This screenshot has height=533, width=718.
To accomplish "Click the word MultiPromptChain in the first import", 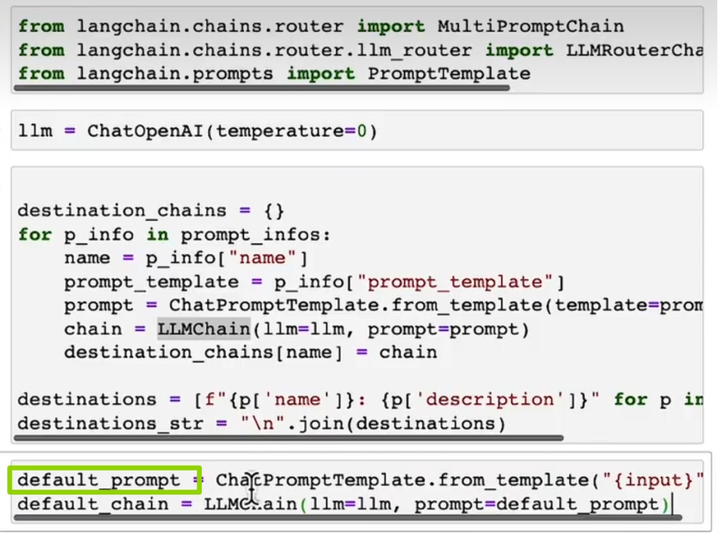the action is [530, 27].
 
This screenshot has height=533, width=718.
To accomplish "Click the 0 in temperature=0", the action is [361, 131].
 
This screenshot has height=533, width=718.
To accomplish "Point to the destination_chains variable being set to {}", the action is [122, 211].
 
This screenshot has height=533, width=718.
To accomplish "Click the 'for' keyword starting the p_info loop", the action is [34, 235].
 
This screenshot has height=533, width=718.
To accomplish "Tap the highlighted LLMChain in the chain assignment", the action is [203, 329].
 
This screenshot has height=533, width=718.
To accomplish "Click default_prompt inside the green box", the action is [99, 480].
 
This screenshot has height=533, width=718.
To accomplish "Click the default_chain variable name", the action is [93, 504].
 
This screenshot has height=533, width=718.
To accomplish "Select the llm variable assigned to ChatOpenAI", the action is [34, 131].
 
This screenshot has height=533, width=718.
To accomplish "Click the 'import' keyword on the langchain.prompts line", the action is [320, 74].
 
